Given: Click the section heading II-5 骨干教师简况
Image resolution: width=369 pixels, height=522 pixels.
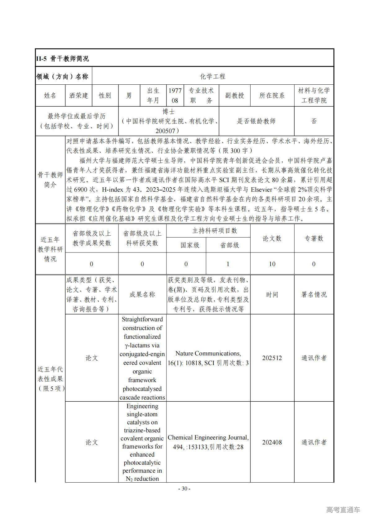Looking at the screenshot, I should [63, 58].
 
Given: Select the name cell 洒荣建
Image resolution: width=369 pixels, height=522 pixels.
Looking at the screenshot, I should [79, 96].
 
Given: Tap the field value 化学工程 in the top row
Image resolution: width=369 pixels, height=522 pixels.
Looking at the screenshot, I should [213, 76].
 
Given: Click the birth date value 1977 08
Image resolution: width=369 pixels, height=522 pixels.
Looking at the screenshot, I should [175, 96].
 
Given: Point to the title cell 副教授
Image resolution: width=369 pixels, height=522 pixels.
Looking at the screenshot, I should [234, 96].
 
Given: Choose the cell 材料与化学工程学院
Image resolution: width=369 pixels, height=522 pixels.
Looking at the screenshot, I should [314, 96].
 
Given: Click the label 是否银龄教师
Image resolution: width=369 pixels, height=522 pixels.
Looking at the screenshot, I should [256, 121].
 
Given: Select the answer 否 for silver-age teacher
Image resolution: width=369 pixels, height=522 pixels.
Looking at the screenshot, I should [314, 121].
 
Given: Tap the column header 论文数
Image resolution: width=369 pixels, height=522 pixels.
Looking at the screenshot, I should [272, 238].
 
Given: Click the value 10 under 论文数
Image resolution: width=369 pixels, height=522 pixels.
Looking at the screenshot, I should [272, 264].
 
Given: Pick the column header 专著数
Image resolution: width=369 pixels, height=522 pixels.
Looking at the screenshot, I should [314, 238].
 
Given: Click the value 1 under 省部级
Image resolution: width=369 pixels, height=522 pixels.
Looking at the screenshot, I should [228, 264].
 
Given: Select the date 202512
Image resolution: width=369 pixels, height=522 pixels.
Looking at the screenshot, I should [272, 358].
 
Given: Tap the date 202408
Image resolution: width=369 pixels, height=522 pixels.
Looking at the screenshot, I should [272, 442].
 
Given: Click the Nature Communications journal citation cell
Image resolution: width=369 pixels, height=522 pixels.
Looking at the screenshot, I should [208, 358].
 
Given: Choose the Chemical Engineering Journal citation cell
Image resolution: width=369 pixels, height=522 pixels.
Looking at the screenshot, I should [208, 442].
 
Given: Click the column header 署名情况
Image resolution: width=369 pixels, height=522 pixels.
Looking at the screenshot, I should [314, 295].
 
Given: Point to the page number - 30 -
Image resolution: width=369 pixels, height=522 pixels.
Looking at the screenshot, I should [184, 489].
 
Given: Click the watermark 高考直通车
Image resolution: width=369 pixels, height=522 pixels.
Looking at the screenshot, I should [343, 510].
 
